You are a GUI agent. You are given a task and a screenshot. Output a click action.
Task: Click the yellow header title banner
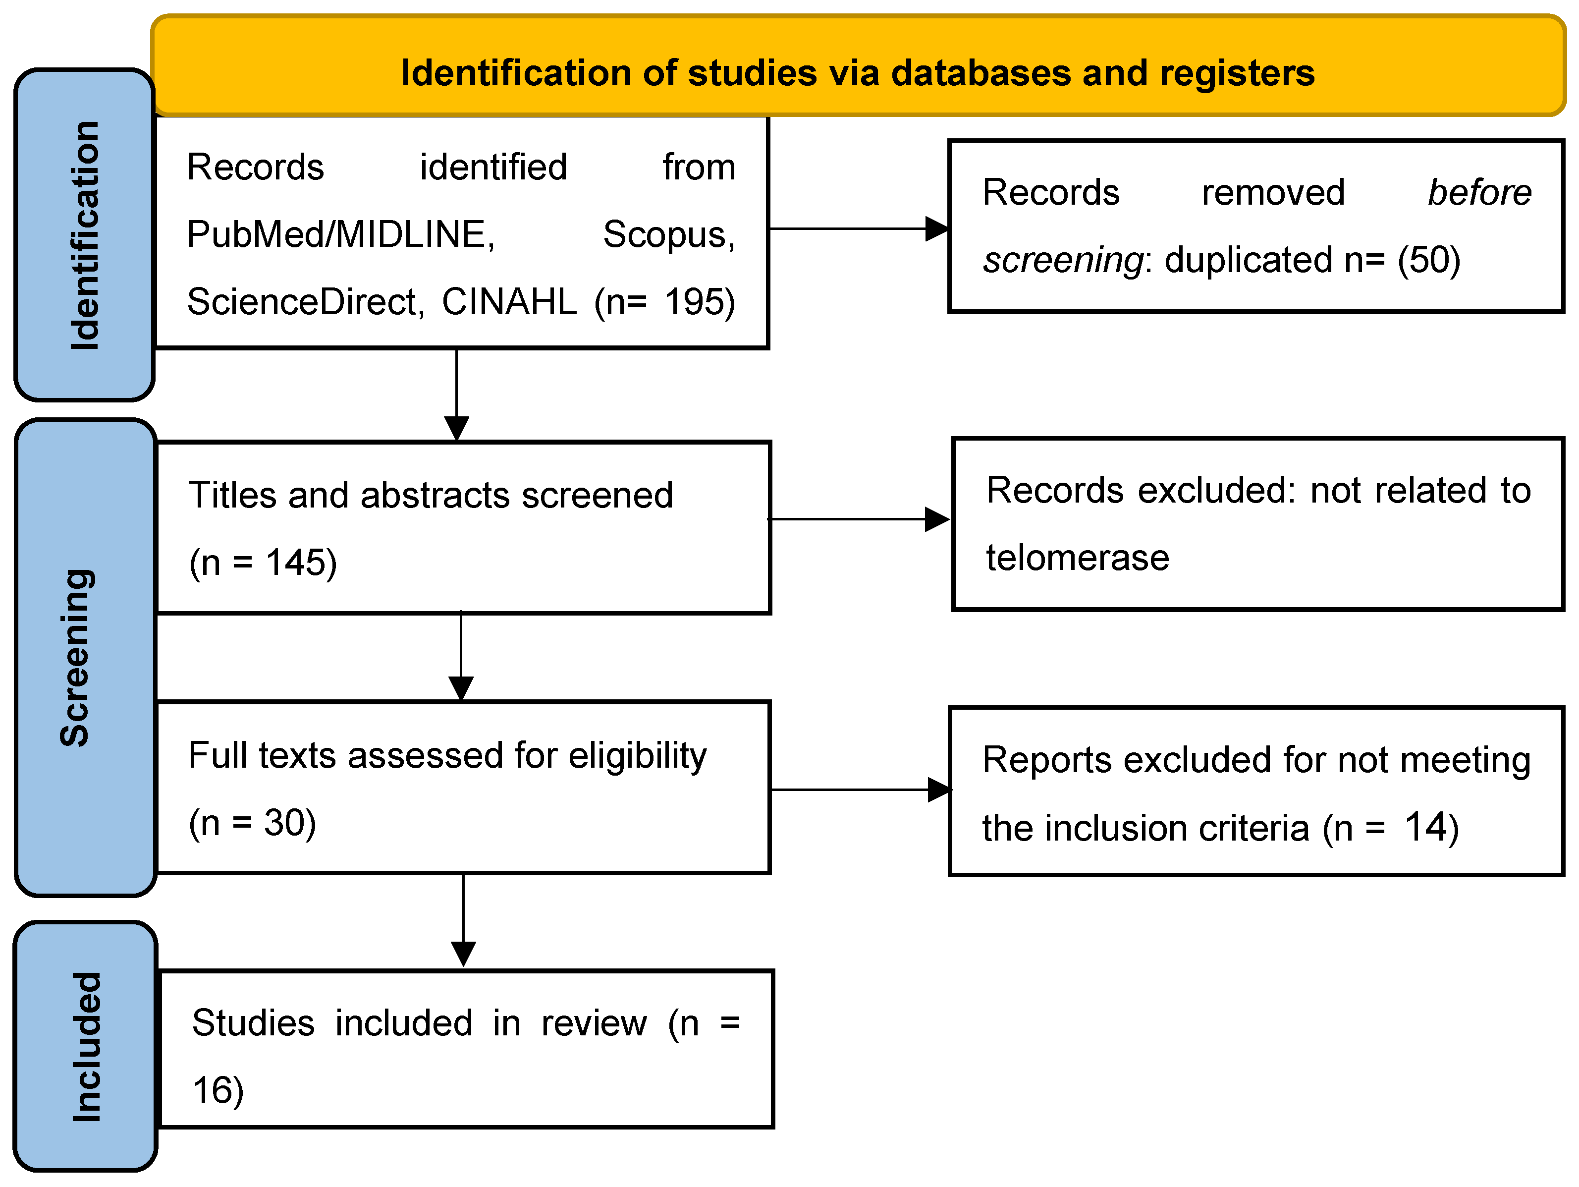click(857, 71)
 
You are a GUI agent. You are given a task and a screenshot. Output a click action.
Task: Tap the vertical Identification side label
click(84, 236)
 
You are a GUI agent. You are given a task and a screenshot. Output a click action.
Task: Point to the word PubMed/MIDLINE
click(340, 234)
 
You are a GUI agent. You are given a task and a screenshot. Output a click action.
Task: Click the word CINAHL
click(508, 302)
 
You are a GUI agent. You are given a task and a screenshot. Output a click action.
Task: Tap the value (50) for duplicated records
click(1428, 260)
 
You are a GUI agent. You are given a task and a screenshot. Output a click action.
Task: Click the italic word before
click(1479, 193)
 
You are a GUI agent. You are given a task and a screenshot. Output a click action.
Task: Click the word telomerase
click(1077, 558)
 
